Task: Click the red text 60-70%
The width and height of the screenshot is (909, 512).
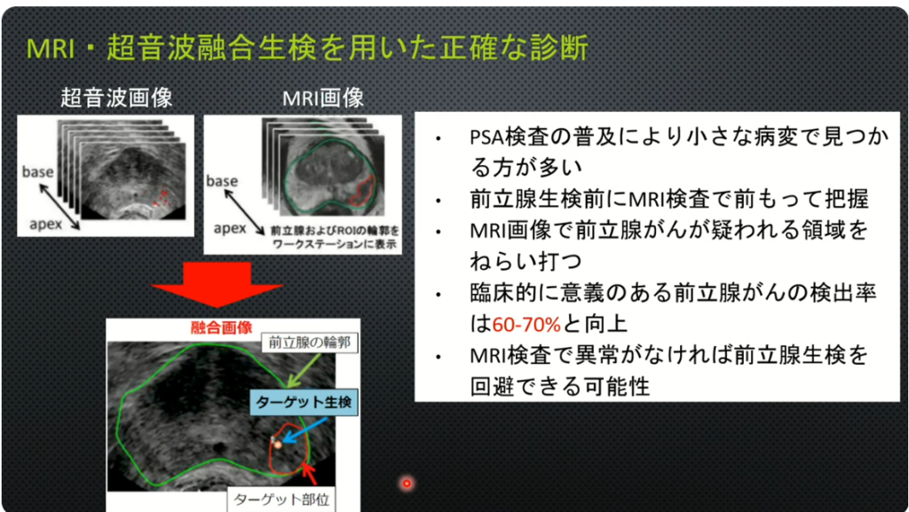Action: [x=526, y=324]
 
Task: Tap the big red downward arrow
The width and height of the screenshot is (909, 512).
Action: [x=217, y=284]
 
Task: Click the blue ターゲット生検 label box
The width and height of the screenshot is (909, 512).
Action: [x=304, y=402]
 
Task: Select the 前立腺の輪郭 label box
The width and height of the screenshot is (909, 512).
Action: [x=309, y=343]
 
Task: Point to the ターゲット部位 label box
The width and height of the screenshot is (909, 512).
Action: [x=281, y=500]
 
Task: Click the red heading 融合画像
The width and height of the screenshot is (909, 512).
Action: [x=221, y=327]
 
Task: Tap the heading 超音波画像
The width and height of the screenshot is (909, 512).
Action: [x=116, y=98]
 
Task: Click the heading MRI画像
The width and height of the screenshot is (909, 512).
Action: [x=323, y=98]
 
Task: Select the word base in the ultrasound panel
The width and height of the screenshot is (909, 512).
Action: [x=37, y=172]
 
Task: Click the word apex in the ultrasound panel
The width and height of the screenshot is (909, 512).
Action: [x=46, y=224]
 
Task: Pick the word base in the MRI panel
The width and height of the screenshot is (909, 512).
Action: [x=222, y=181]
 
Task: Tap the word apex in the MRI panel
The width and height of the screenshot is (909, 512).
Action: [x=230, y=228]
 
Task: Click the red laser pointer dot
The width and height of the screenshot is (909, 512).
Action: [x=407, y=483]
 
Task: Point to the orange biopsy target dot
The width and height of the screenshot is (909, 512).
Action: [x=278, y=445]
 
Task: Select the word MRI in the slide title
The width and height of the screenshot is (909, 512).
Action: [x=51, y=49]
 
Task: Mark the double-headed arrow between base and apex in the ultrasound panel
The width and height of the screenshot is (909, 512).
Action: [x=59, y=206]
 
